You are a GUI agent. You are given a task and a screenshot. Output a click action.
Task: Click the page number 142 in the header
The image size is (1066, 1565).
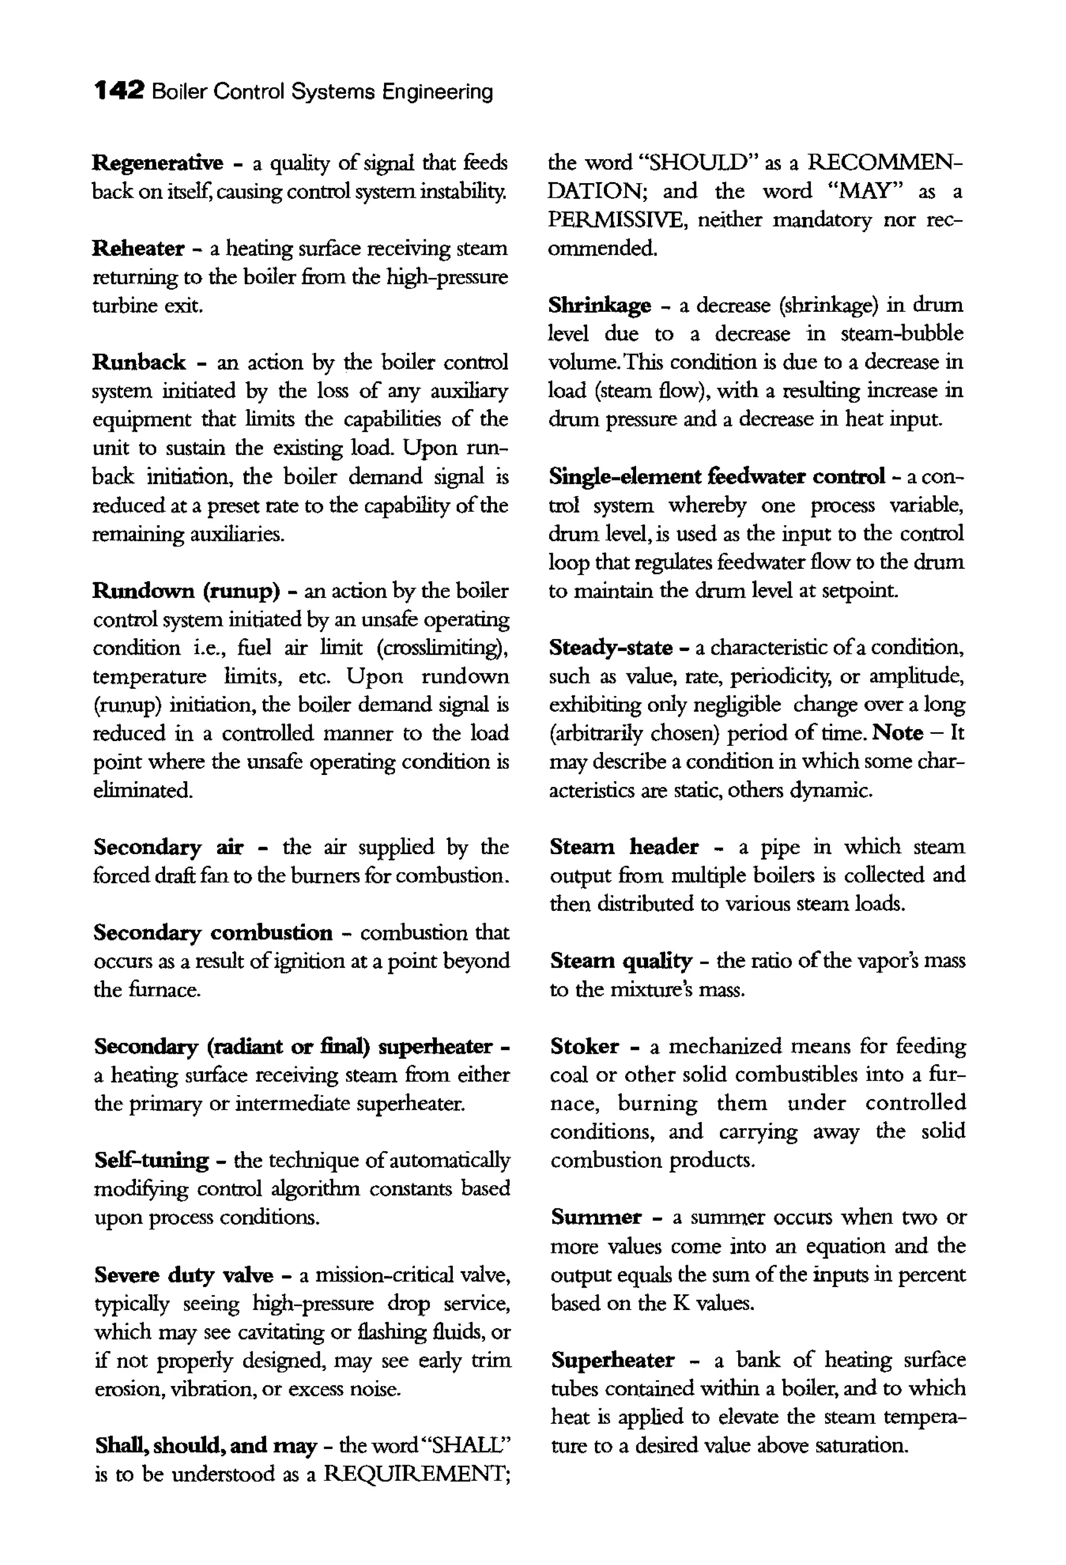click(119, 91)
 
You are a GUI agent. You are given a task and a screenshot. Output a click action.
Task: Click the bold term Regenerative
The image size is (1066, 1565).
click(158, 163)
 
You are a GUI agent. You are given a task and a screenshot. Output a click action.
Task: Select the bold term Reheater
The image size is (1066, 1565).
click(138, 248)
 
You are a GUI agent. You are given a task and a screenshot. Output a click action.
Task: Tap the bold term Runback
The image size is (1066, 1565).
click(139, 362)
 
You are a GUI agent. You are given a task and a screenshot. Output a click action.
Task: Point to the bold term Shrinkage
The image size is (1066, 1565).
click(599, 306)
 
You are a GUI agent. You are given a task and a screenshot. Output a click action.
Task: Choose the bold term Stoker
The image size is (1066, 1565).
click(584, 1047)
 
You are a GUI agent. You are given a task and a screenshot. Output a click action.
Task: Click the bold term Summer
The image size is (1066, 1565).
click(596, 1217)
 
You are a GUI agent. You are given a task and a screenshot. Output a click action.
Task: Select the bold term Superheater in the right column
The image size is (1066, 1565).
click(612, 1360)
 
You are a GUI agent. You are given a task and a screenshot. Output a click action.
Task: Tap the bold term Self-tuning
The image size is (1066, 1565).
click(151, 1160)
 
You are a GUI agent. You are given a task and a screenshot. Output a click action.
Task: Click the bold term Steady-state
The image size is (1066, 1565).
click(610, 648)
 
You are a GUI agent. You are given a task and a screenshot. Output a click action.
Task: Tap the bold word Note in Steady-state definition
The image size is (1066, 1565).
click(897, 733)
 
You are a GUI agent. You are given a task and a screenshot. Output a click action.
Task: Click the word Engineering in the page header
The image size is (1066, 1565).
click(438, 92)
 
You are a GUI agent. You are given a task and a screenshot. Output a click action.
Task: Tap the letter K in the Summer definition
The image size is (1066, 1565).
click(681, 1304)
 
